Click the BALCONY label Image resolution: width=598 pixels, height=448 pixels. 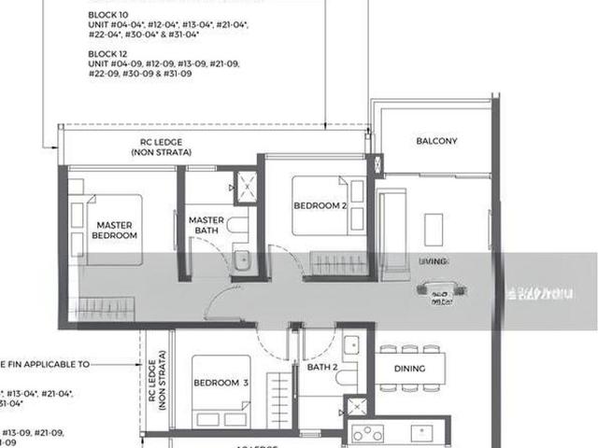point(435,142)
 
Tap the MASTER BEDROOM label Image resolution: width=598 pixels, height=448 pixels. point(116,230)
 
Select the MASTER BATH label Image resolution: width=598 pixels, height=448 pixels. point(206,226)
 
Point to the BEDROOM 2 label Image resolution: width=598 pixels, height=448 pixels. point(320,205)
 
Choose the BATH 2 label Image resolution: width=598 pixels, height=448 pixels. point(322,369)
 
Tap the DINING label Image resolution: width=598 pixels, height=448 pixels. point(409,369)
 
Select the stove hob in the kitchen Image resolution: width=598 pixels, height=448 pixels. point(367,433)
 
